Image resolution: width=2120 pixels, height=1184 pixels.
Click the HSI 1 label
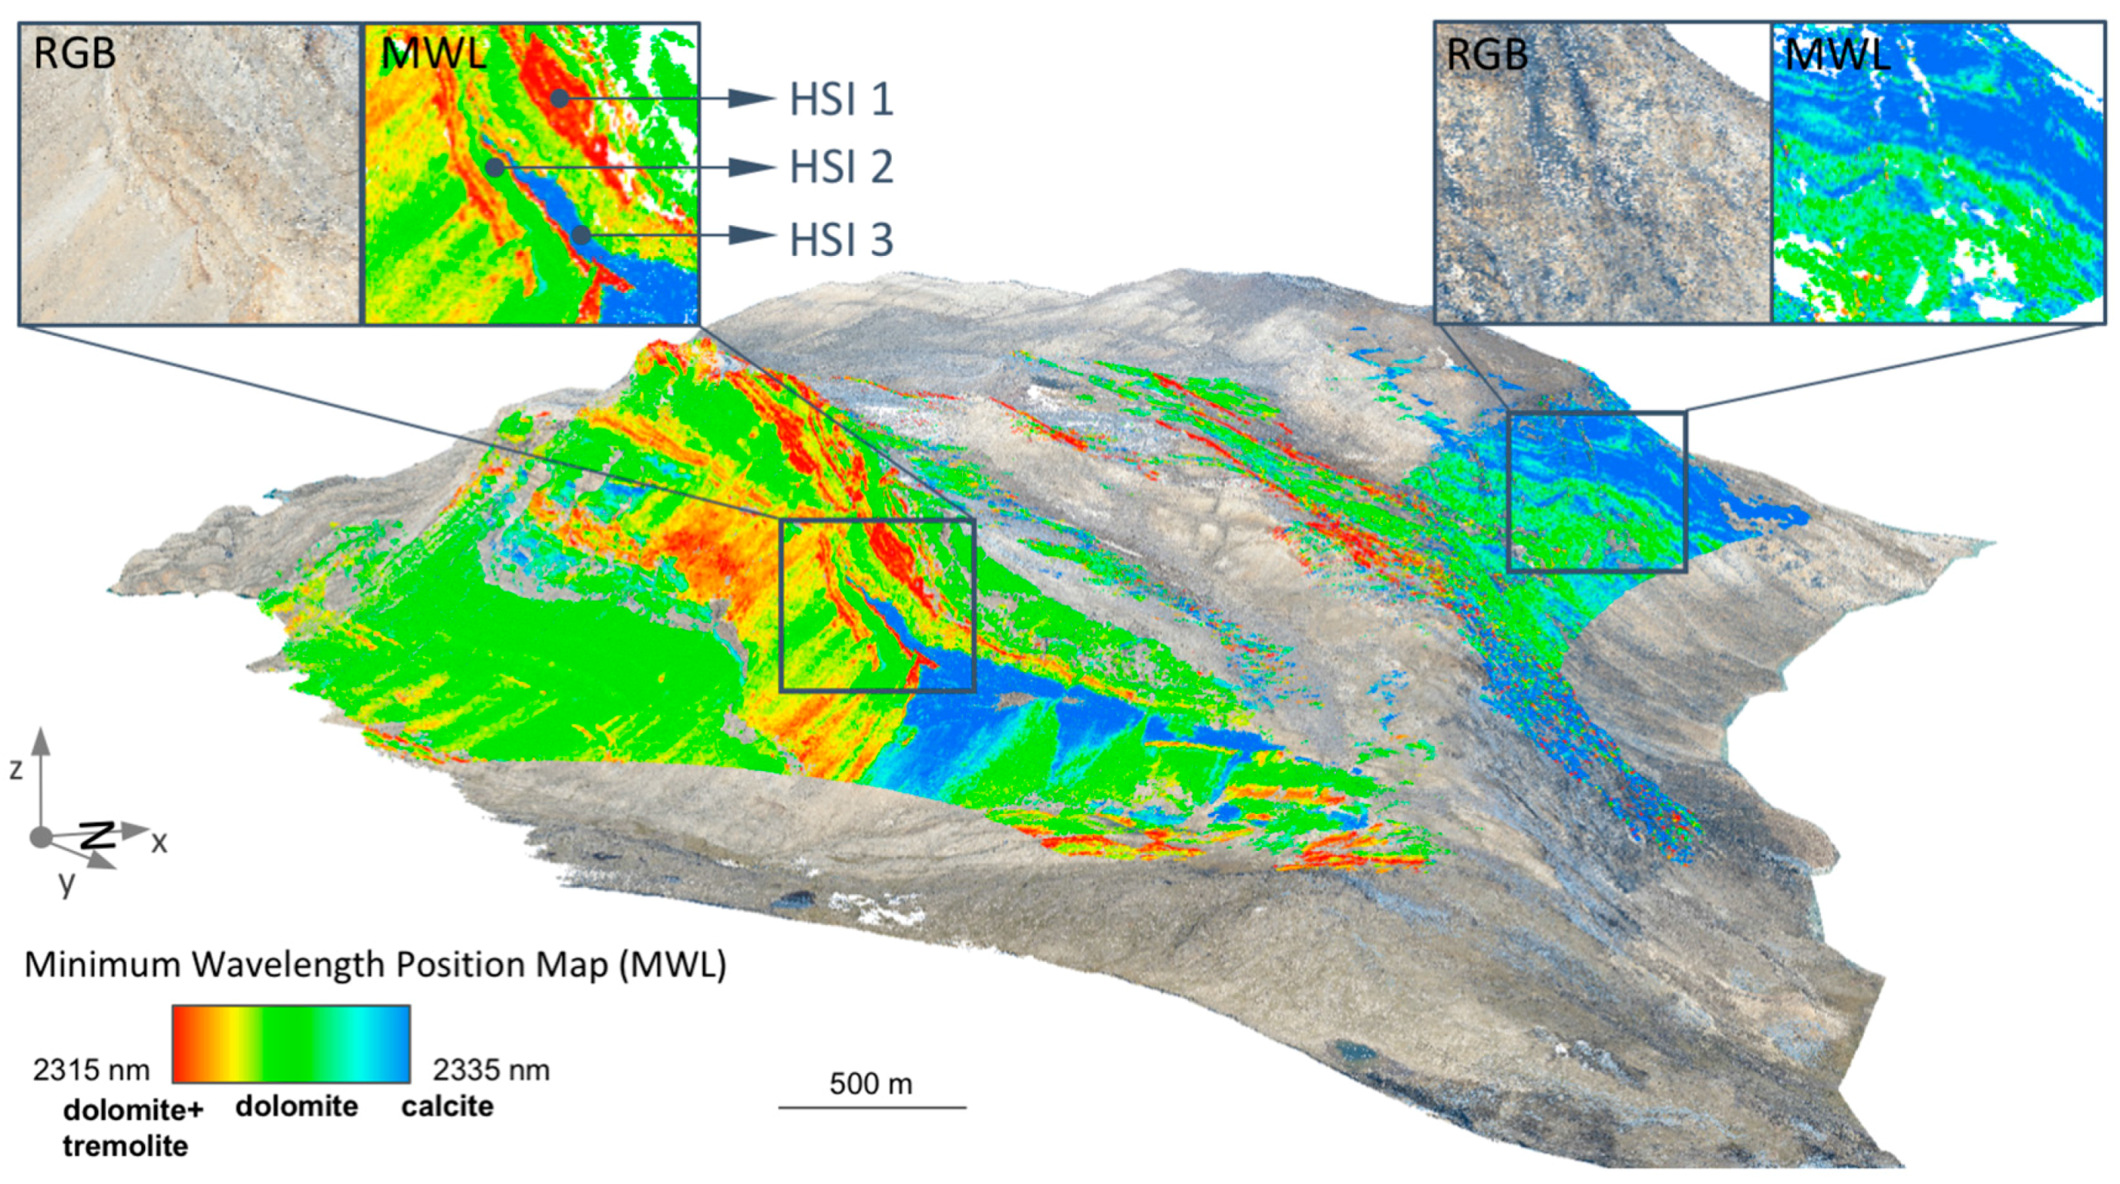[x=841, y=99]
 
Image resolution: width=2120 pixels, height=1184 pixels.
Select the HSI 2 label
[x=841, y=168]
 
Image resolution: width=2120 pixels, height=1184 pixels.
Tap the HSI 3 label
[x=841, y=240]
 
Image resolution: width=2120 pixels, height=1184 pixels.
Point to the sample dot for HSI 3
[x=581, y=235]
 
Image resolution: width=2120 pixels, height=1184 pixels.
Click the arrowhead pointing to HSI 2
[x=752, y=168]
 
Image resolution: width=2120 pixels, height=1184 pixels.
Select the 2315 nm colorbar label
[x=91, y=1070]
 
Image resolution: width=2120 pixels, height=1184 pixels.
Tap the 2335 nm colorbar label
[x=491, y=1070]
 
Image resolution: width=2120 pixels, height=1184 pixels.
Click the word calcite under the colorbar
[x=447, y=1107]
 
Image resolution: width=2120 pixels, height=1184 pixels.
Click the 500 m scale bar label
[x=870, y=1084]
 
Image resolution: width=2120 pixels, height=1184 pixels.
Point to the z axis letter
[x=15, y=769]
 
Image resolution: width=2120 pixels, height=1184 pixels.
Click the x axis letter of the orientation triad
[x=159, y=842]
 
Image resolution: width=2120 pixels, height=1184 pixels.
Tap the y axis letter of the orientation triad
[x=66, y=882]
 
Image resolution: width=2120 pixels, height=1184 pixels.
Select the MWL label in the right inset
[x=1836, y=54]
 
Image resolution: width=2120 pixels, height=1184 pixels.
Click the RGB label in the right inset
[x=1487, y=54]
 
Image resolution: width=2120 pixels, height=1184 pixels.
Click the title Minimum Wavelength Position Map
[x=375, y=964]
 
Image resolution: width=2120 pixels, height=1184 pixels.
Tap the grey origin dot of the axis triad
[x=39, y=838]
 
